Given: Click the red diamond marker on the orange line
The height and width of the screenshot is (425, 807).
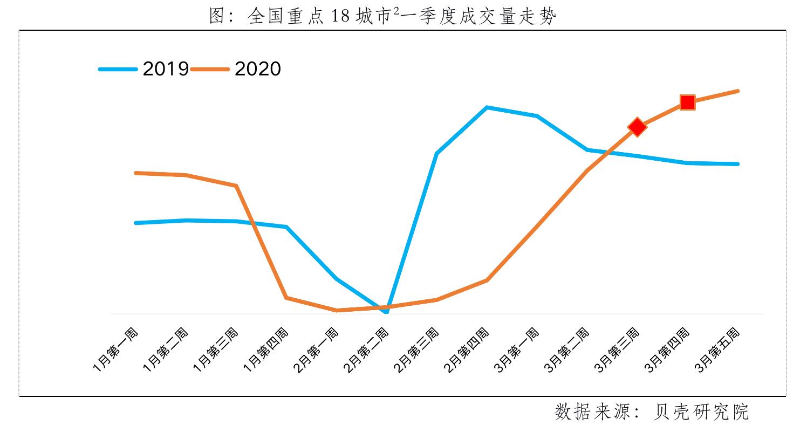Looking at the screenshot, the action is (637, 127).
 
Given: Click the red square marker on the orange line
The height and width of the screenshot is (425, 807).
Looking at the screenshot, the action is (687, 102).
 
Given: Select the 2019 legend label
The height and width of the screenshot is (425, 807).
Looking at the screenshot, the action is (166, 69).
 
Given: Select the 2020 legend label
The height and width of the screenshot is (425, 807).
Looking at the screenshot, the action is (258, 69).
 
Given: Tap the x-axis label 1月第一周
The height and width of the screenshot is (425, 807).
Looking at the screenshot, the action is (115, 349).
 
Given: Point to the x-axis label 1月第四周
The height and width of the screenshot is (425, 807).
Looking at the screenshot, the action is (266, 349).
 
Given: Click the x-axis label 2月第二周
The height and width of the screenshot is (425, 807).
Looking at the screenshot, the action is (366, 349).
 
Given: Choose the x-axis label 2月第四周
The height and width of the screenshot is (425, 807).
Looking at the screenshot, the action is (466, 349).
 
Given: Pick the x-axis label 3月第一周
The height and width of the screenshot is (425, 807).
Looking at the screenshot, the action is (516, 349).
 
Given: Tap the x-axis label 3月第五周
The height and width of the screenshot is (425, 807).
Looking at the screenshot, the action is (717, 349).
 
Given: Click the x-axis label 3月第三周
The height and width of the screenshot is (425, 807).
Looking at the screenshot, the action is (617, 349).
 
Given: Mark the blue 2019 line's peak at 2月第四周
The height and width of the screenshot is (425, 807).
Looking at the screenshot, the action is (487, 107).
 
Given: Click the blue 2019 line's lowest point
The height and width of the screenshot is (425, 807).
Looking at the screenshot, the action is (386, 312).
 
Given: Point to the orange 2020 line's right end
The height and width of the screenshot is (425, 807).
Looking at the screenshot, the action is (738, 91).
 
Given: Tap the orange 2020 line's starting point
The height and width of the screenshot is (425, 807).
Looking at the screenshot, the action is (136, 173).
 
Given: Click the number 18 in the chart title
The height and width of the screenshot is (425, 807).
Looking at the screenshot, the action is (340, 16).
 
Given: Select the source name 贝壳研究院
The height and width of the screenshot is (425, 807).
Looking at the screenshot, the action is (701, 412).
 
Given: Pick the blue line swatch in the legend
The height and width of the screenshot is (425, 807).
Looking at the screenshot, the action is (118, 69).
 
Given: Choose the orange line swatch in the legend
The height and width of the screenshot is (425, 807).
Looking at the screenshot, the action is (210, 69).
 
